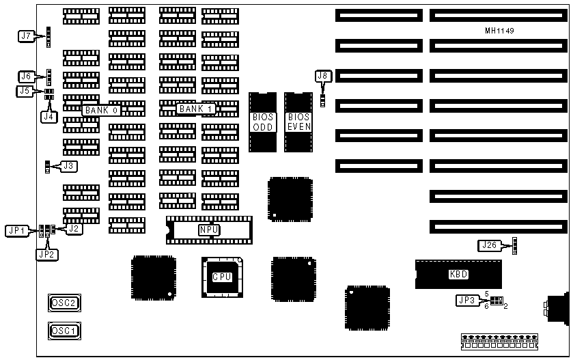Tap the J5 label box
pos(24,90)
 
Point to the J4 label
pos(48,117)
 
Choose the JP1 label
pos(16,230)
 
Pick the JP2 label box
pos(46,254)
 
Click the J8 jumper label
pos(322,77)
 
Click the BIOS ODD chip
pos(262,122)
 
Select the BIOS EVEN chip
pos(298,122)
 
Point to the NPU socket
pos(209,230)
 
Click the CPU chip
pos(221,277)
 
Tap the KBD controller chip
pos(458,274)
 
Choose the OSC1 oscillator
pos(64,331)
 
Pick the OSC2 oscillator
pos(64,303)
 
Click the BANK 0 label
pos(102,109)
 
